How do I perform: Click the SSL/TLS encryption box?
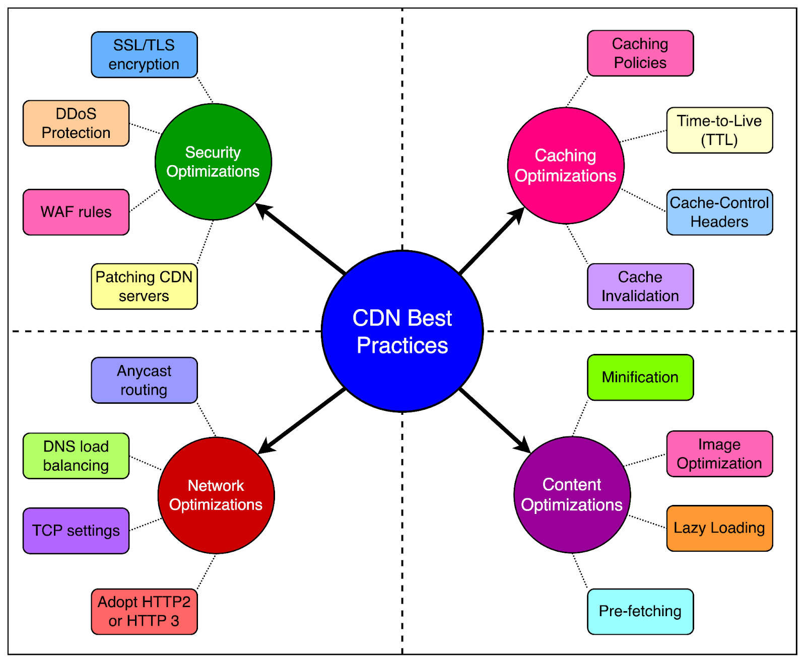pyautogui.click(x=144, y=55)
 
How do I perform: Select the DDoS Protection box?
pyautogui.click(x=76, y=123)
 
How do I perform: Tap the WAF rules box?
pyautogui.click(x=76, y=212)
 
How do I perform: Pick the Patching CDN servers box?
pyautogui.click(x=144, y=286)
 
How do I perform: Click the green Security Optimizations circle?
pyautogui.click(x=213, y=162)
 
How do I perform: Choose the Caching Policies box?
pyautogui.click(x=640, y=53)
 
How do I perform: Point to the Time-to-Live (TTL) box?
pyautogui.click(x=719, y=130)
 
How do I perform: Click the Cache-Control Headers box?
pyautogui.click(x=719, y=212)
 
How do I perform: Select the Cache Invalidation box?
pyautogui.click(x=640, y=286)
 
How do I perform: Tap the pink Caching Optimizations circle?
pyautogui.click(x=566, y=166)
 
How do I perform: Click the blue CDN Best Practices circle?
pyautogui.click(x=402, y=331)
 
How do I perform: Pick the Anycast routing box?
pyautogui.click(x=144, y=381)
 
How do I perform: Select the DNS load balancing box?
pyautogui.click(x=76, y=456)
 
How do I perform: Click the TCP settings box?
pyautogui.click(x=76, y=531)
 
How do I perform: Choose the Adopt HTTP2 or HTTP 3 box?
pyautogui.click(x=144, y=612)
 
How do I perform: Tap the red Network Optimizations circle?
pyautogui.click(x=216, y=495)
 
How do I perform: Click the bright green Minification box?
pyautogui.click(x=640, y=378)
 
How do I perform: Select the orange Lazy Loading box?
pyautogui.click(x=719, y=528)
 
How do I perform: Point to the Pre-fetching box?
pyautogui.click(x=640, y=612)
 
